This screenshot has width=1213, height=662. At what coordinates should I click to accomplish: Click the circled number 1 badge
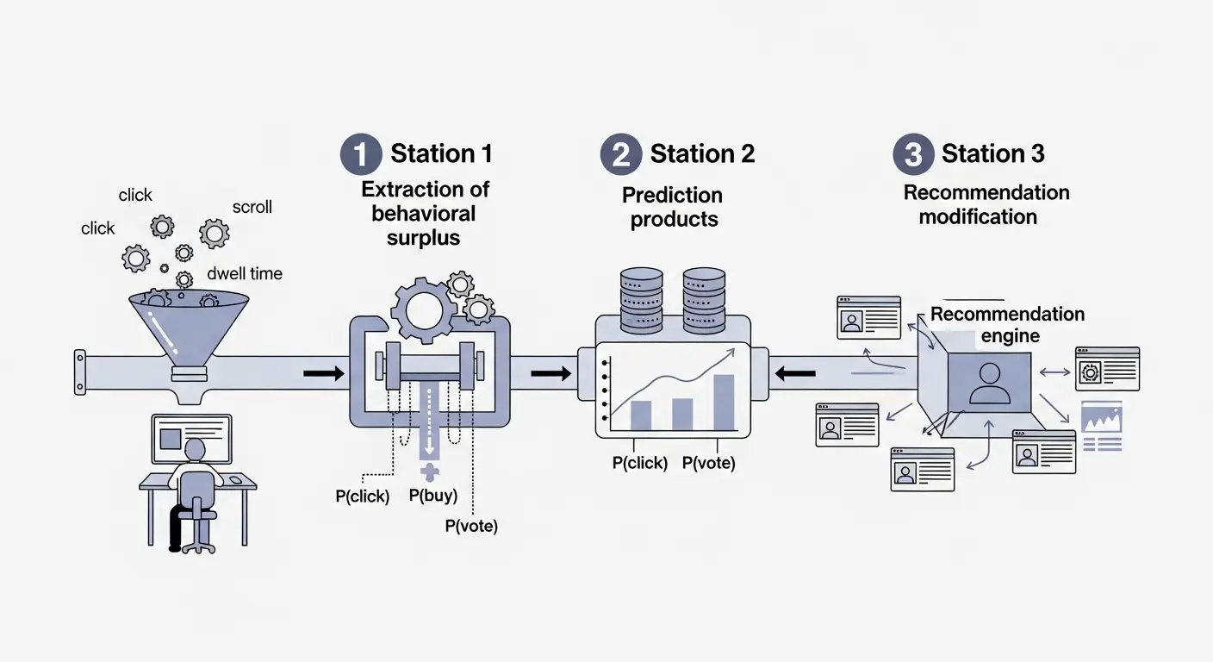pyautogui.click(x=361, y=154)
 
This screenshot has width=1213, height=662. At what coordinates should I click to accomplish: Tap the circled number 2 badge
pyautogui.click(x=621, y=154)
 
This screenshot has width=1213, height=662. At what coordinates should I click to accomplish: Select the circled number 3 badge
pyautogui.click(x=913, y=154)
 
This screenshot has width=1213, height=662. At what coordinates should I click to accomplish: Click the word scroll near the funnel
pyautogui.click(x=252, y=207)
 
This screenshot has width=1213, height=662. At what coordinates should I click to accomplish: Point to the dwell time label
pyautogui.click(x=245, y=274)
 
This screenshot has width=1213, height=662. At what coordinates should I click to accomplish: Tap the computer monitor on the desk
pyautogui.click(x=191, y=435)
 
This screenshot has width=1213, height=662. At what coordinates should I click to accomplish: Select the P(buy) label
pyautogui.click(x=432, y=496)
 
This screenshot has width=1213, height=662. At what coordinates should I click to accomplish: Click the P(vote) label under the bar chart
pyautogui.click(x=708, y=463)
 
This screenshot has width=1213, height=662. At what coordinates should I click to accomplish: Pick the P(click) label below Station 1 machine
pyautogui.click(x=362, y=496)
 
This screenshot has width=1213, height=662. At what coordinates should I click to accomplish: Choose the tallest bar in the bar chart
pyautogui.click(x=724, y=403)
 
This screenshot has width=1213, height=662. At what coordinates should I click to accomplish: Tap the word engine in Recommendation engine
pyautogui.click(x=1011, y=336)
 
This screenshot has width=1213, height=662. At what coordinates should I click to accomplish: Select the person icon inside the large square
pyautogui.click(x=989, y=384)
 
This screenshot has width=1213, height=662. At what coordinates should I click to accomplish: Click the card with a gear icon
pyautogui.click(x=1107, y=369)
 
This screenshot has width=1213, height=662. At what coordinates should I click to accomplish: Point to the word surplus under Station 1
pyautogui.click(x=423, y=237)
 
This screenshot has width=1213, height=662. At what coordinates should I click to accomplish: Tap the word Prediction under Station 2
pyautogui.click(x=672, y=195)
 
